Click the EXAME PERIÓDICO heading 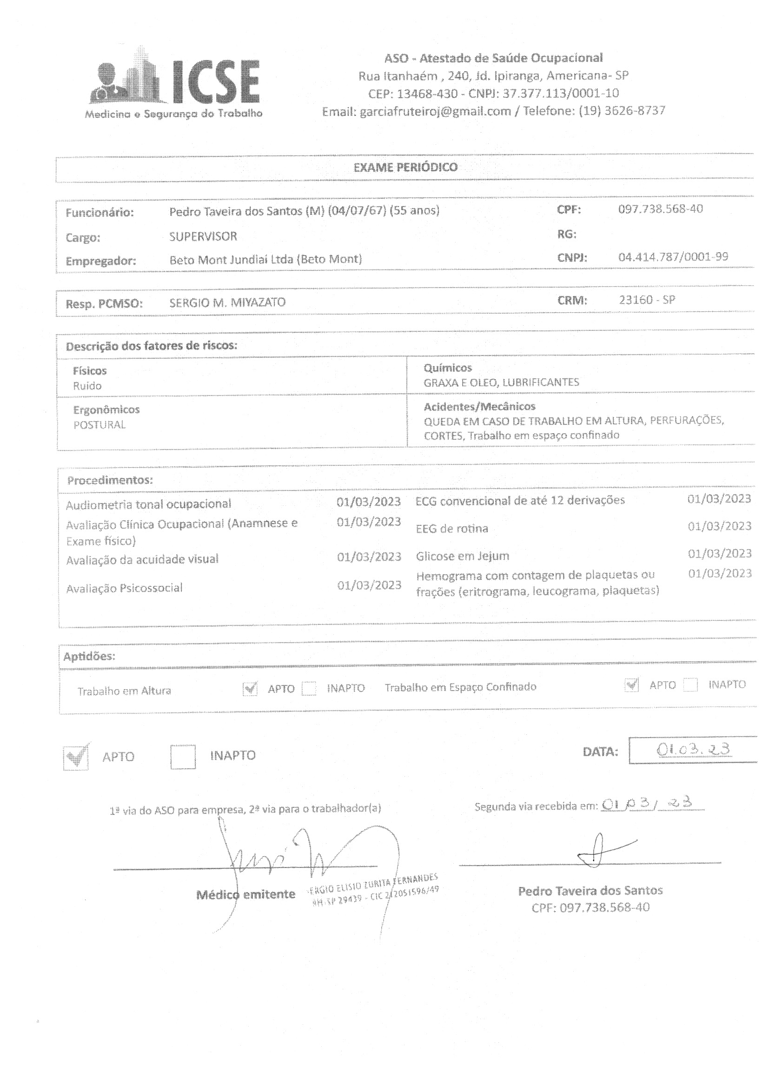pos(405,167)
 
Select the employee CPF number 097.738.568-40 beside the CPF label pos(661,209)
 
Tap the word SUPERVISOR pos(203,236)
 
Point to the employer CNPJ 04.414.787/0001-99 pos(673,257)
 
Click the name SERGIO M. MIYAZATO pos(227,302)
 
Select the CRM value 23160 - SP pos(647,300)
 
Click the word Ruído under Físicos pos(87,386)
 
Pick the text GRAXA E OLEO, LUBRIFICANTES pos(501,382)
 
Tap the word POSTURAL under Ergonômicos pos(99,424)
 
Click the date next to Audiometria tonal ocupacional pos(369,501)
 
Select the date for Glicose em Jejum pos(719,553)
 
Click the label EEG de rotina pos(452,528)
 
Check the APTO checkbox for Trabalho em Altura pos(250,689)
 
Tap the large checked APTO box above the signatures pos(75,757)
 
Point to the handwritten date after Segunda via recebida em pos(651,803)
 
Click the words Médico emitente pos(246,895)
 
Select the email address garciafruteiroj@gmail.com pos(435,111)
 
